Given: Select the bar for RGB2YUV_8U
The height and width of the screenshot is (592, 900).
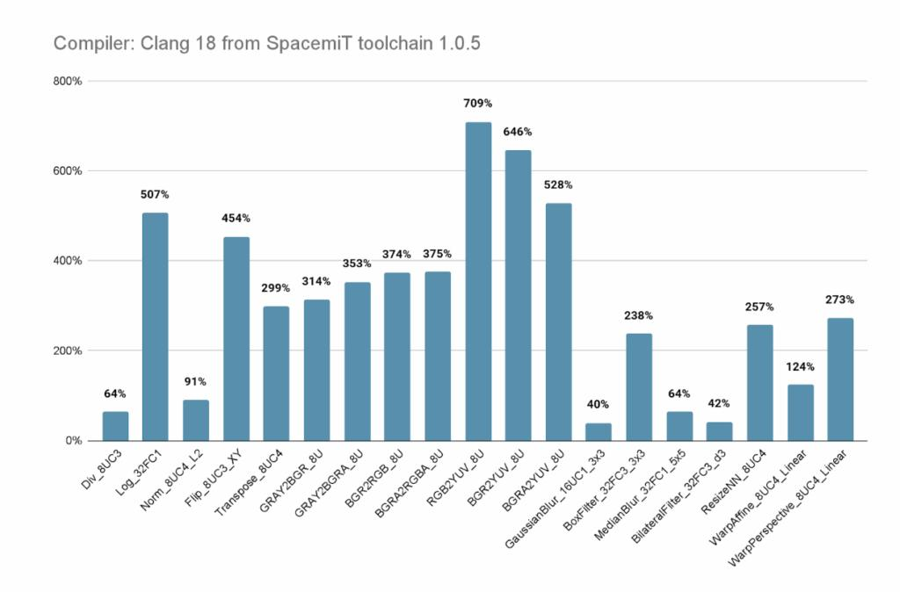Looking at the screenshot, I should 478,281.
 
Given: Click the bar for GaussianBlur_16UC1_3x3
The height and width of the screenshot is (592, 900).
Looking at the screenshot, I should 599,431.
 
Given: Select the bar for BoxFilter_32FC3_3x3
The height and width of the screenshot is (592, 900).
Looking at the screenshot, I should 639,386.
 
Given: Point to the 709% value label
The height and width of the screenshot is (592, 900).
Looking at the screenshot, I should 478,104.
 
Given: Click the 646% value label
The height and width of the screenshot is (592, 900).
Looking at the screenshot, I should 518,132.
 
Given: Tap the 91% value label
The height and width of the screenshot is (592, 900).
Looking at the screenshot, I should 195,381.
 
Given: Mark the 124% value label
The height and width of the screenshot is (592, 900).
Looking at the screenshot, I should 800,366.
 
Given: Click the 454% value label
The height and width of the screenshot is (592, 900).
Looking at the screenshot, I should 236,218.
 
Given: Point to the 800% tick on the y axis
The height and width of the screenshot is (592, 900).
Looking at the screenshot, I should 68,81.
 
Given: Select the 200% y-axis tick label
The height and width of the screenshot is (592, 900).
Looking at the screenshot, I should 68,350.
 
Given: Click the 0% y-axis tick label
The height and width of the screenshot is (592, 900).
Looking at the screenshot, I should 72,440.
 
